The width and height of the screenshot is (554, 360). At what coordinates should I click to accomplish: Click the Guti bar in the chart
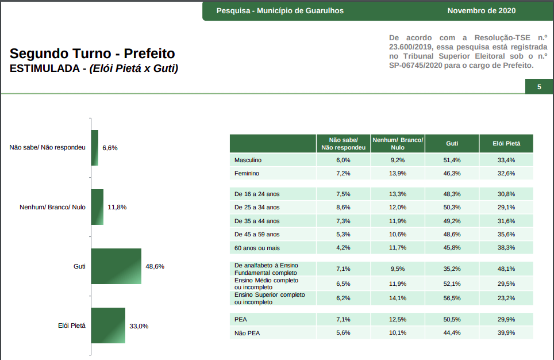pos(116,266)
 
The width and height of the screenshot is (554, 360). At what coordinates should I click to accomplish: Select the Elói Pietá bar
pos(108,325)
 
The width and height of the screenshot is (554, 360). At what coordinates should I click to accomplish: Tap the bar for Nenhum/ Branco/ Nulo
pos(97,207)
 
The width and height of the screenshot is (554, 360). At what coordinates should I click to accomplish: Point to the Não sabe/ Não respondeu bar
pos(95,148)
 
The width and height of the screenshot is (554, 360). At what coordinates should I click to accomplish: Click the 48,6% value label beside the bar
pos(155,266)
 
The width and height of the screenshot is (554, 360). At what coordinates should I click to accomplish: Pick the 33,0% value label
pos(139,326)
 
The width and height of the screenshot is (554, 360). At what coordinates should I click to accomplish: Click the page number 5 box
pos(539,87)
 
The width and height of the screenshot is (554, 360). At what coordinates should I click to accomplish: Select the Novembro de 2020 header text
pos(482,10)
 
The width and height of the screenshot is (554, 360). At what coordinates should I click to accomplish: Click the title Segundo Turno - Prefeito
pos(93,54)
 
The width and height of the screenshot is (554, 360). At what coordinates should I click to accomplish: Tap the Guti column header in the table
pos(452,143)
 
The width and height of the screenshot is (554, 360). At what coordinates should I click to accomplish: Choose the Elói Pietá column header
pos(506,143)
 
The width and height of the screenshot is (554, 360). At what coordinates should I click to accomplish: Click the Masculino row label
pos(248,160)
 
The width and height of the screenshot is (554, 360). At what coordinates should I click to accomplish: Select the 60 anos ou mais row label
pos(257,247)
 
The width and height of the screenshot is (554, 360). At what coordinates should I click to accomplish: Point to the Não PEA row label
pos(248,332)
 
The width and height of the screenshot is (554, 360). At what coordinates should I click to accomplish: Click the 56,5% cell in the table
pos(452,298)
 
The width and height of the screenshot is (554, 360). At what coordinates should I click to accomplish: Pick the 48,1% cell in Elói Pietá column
pos(506,269)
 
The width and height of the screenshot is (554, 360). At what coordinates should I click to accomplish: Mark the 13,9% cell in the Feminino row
pos(398,173)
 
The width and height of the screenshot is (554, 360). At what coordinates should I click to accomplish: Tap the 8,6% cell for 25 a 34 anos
pos(343,207)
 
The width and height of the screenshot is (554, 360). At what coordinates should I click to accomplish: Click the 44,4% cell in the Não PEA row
pos(452,332)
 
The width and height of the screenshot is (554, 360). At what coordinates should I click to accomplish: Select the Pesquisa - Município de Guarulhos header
pos(280,10)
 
